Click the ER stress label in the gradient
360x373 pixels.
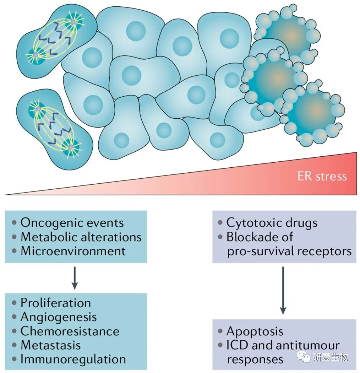coord(322,176)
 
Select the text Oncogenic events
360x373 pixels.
coord(72,223)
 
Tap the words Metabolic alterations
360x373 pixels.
coord(81,237)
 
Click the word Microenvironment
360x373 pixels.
coord(73,251)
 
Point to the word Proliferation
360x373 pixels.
coord(56,303)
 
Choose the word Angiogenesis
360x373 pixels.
coord(59,317)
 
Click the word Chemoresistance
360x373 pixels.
coord(70,331)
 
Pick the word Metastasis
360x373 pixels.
coord(51,345)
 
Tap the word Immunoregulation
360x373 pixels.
coord(73,359)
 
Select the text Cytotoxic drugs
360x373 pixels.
coord(272,223)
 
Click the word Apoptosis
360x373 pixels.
coord(255,331)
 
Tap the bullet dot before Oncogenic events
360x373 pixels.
coord(14,223)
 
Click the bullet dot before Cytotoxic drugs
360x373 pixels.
coord(220,223)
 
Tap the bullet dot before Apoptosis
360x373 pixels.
coord(220,332)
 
